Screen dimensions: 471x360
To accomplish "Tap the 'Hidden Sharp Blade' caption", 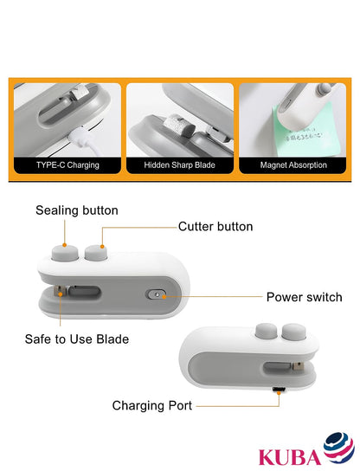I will tap(180, 164).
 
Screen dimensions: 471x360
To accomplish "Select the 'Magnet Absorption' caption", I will tap(295, 164).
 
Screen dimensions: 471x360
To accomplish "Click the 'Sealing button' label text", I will tap(77, 210).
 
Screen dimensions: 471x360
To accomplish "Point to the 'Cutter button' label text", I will tap(215, 226).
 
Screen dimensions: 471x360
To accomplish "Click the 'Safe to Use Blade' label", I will tap(77, 339).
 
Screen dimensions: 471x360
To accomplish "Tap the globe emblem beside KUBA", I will tap(338, 448).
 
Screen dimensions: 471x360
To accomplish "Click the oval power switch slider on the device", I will tap(156, 294).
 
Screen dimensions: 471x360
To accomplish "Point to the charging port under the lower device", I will tap(280, 392).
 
